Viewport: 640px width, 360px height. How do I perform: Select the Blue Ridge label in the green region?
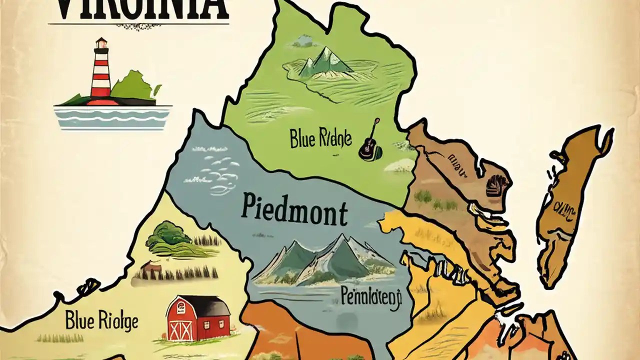[320, 138]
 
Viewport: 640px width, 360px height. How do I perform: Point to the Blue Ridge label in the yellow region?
[101, 320]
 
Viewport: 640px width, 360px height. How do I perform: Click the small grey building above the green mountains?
[302, 41]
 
